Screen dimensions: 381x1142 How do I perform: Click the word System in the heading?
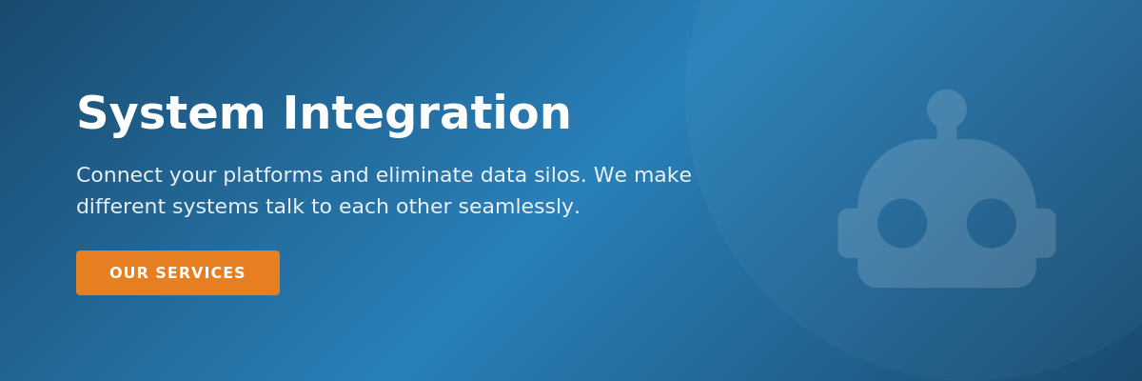point(170,114)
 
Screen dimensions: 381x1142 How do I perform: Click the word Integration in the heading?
point(426,114)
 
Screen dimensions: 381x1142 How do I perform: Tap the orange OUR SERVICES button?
point(178,273)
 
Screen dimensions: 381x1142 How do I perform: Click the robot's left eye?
point(902,223)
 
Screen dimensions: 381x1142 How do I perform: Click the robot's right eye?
point(992,223)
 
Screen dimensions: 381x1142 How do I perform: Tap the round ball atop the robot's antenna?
point(947,109)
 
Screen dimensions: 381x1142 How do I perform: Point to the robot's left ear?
point(847,233)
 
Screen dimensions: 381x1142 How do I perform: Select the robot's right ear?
point(1046,233)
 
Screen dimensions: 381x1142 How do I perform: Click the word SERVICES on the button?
point(200,273)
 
